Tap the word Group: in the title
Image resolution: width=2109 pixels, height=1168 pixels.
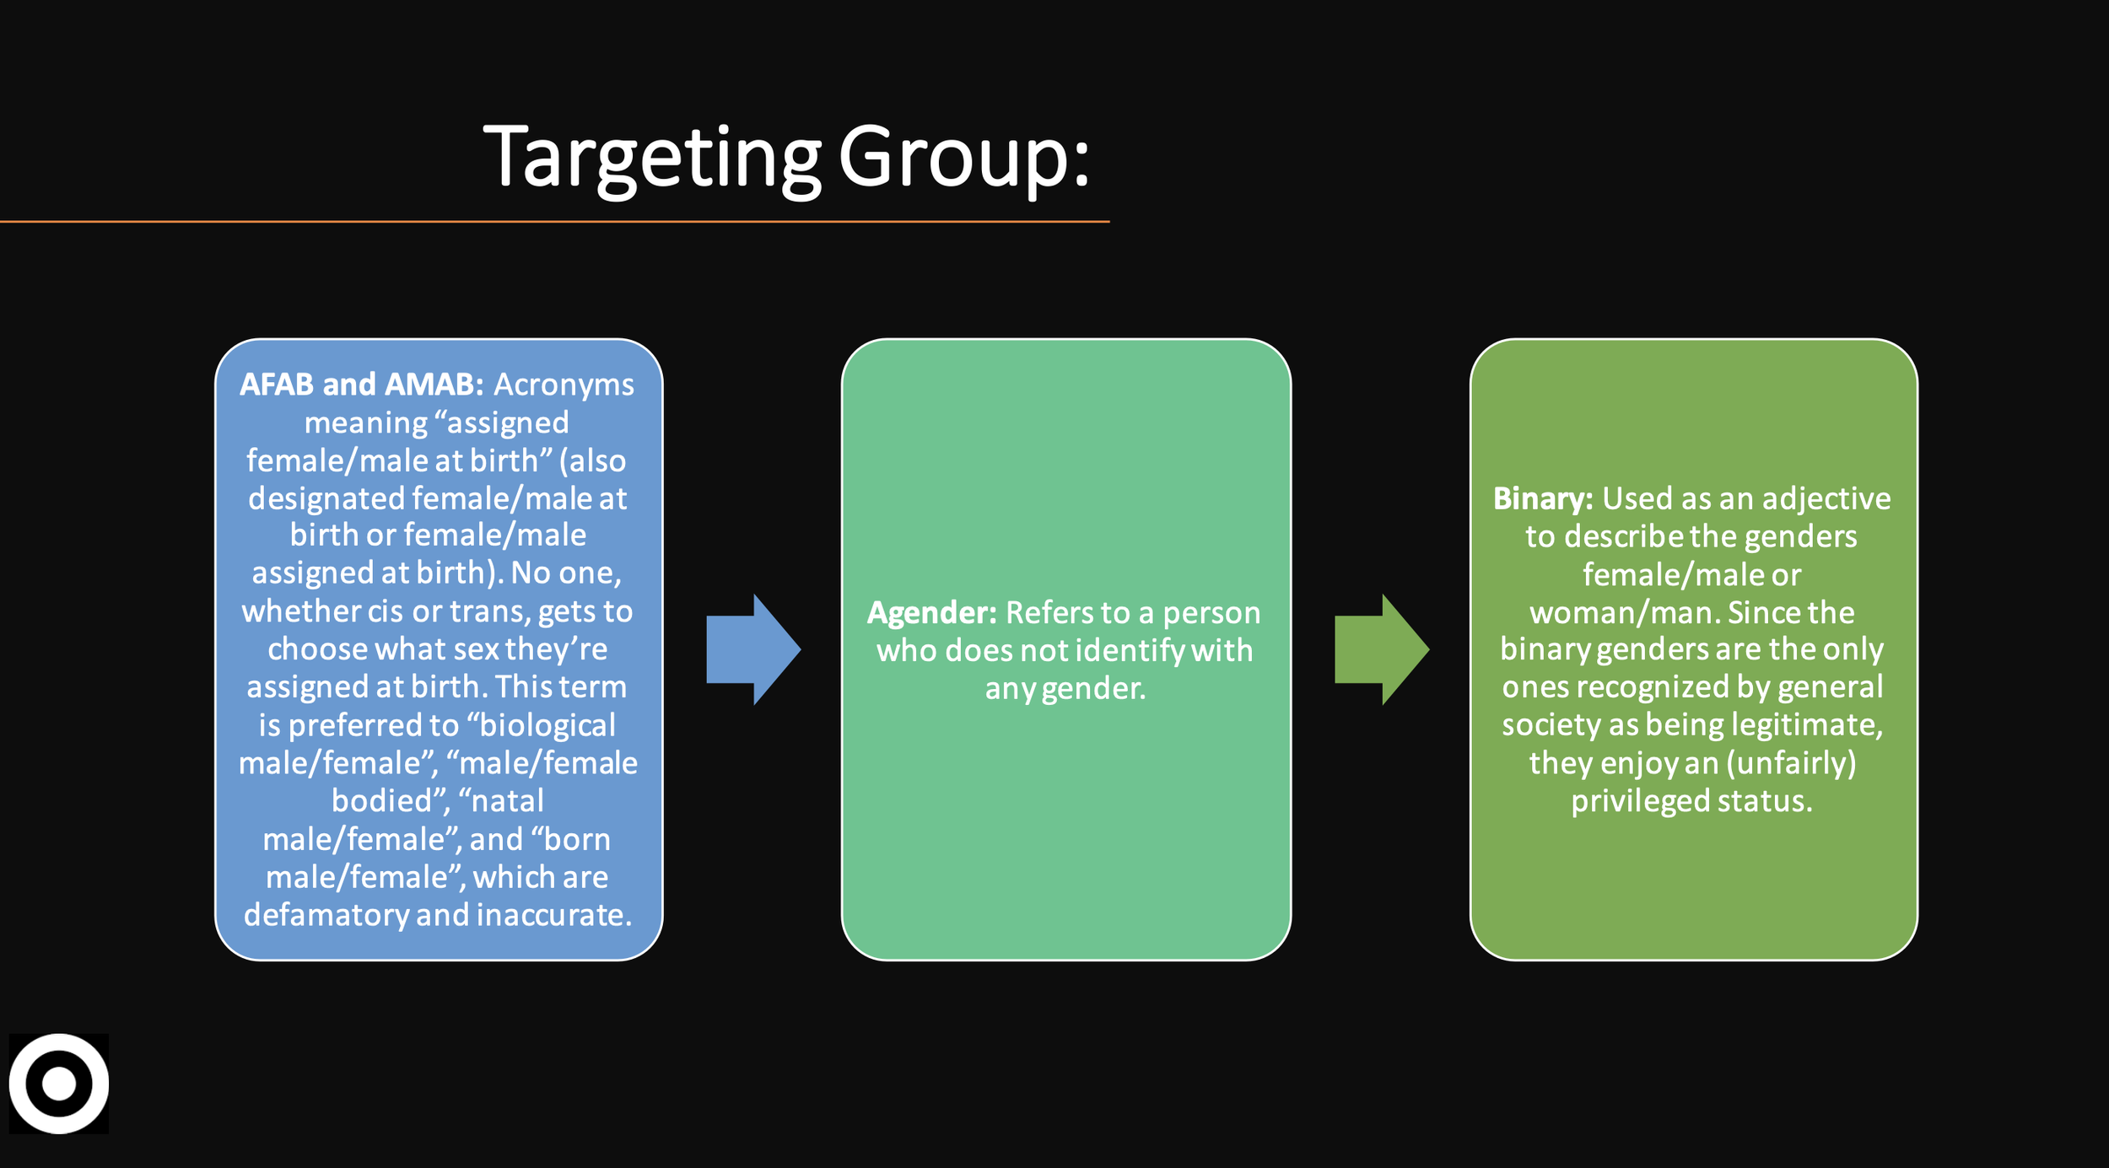coord(963,158)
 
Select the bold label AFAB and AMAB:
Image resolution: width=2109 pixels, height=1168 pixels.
coord(361,385)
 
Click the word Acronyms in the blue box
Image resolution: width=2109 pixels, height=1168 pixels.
coord(564,385)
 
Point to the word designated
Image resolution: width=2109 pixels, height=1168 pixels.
coord(326,498)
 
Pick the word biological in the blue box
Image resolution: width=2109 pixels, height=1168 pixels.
coord(547,725)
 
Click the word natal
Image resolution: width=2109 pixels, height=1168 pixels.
coord(507,800)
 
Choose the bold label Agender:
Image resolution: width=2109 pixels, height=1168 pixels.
coord(931,613)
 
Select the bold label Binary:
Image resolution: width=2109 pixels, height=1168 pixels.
coord(1542,499)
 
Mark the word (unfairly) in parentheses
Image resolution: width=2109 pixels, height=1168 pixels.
coord(1791,763)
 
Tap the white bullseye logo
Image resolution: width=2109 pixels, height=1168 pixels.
coord(59,1084)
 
